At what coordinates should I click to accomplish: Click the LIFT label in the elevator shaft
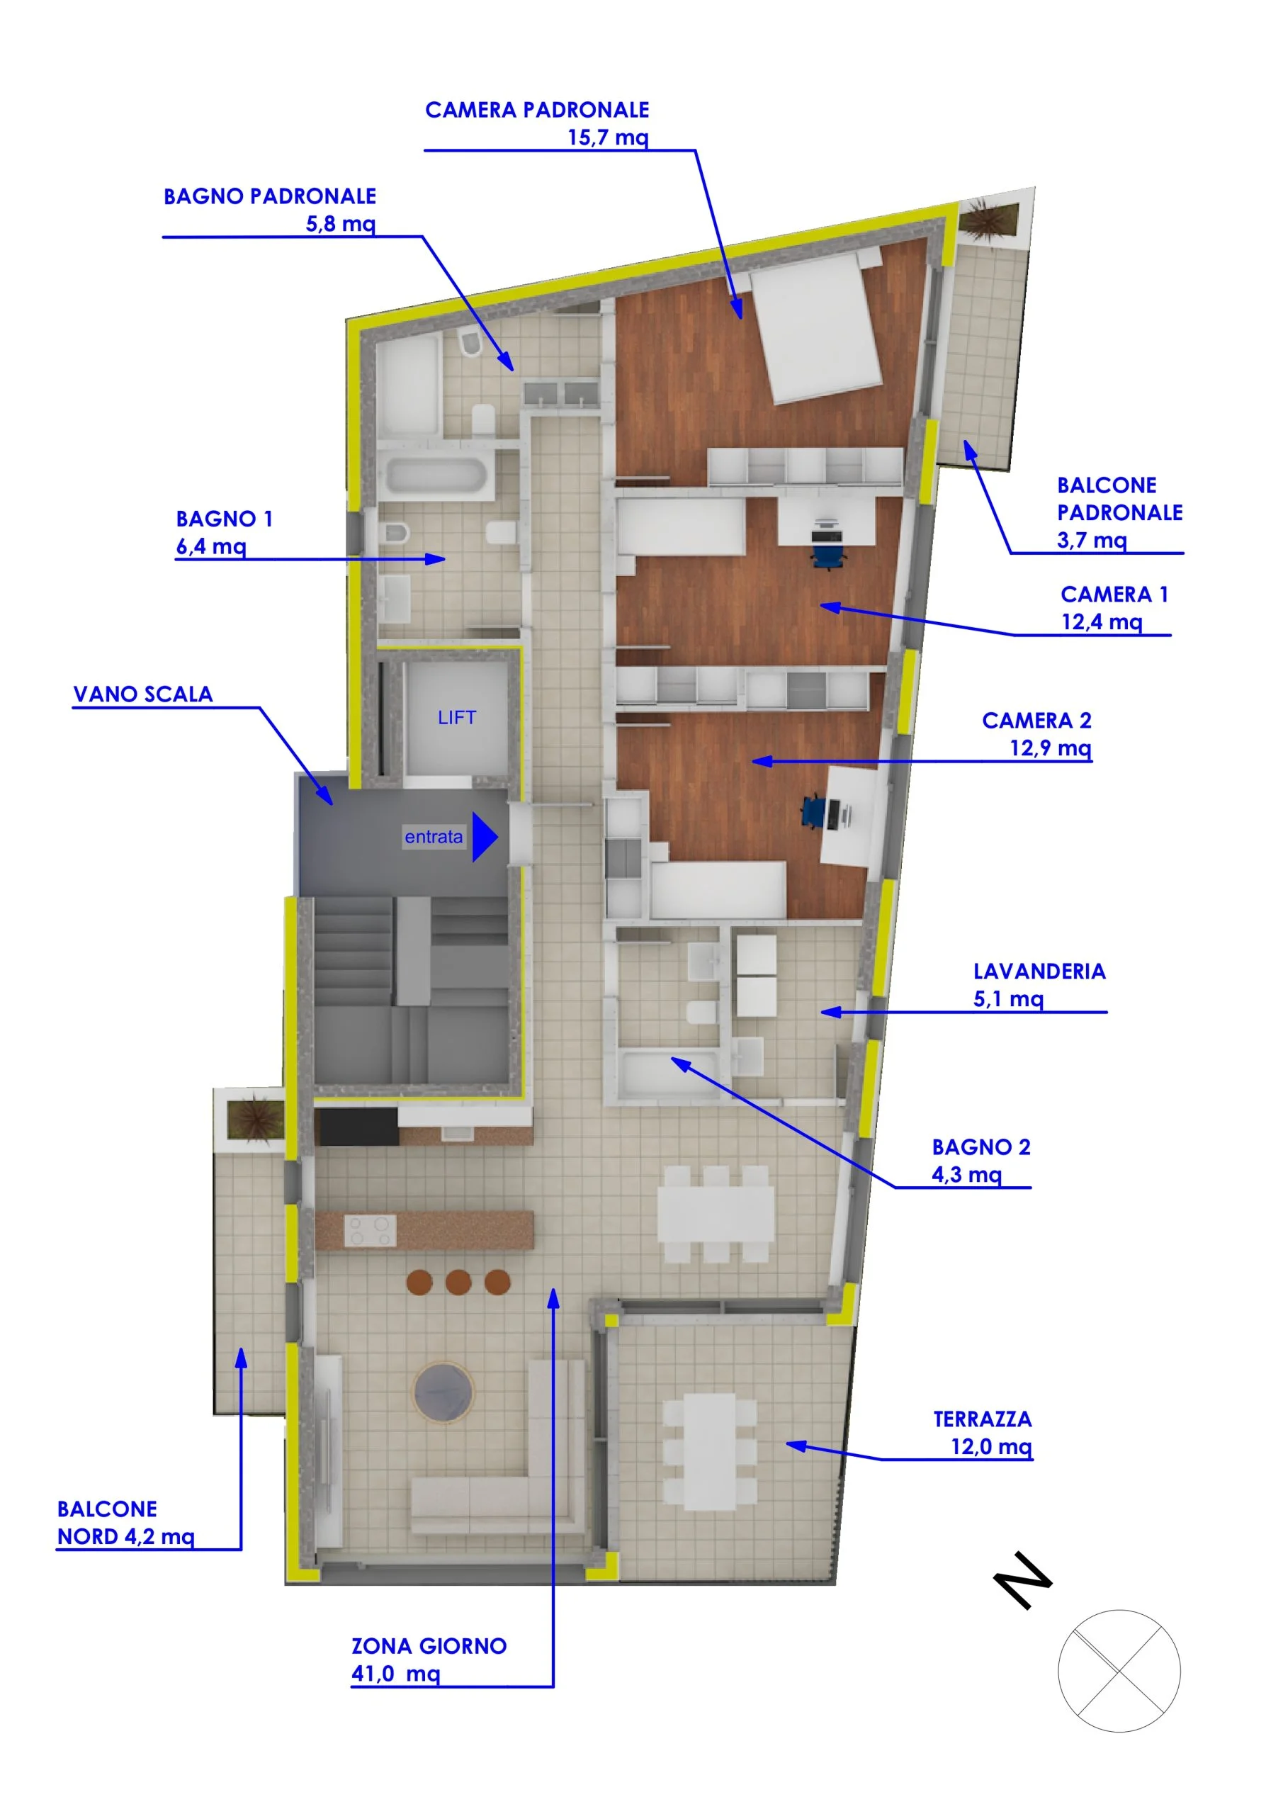pyautogui.click(x=457, y=717)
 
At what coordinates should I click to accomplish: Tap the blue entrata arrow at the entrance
pyautogui.click(x=485, y=837)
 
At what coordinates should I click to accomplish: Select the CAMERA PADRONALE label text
pyautogui.click(x=537, y=110)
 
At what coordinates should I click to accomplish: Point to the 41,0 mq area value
pyautogui.click(x=396, y=1674)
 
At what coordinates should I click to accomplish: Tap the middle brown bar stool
pyautogui.click(x=458, y=1282)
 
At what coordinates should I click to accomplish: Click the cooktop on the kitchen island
pyautogui.click(x=370, y=1231)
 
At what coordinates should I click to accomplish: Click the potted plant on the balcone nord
pyautogui.click(x=254, y=1120)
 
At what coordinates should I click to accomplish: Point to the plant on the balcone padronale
pyautogui.click(x=986, y=219)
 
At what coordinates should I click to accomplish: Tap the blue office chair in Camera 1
pyautogui.click(x=827, y=548)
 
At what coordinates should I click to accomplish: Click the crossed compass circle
pyautogui.click(x=1119, y=1671)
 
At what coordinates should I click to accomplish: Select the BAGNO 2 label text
pyautogui.click(x=981, y=1147)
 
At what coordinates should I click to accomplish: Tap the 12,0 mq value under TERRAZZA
pyautogui.click(x=992, y=1447)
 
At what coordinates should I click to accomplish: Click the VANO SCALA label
pyautogui.click(x=143, y=694)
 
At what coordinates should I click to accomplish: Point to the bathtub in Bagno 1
pyautogui.click(x=435, y=476)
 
